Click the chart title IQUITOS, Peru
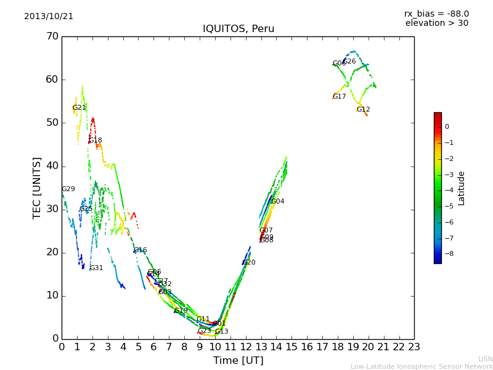click(238, 29)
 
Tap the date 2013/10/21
click(49, 17)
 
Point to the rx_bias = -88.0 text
click(436, 14)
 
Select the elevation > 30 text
click(436, 23)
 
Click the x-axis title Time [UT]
click(238, 360)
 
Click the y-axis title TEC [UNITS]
click(37, 187)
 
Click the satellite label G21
click(79, 108)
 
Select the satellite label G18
click(96, 141)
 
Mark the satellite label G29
click(68, 189)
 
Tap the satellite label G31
click(96, 268)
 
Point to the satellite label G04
click(277, 202)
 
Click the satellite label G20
click(248, 263)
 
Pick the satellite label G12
click(363, 110)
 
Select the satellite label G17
click(339, 97)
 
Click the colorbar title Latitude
click(462, 188)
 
